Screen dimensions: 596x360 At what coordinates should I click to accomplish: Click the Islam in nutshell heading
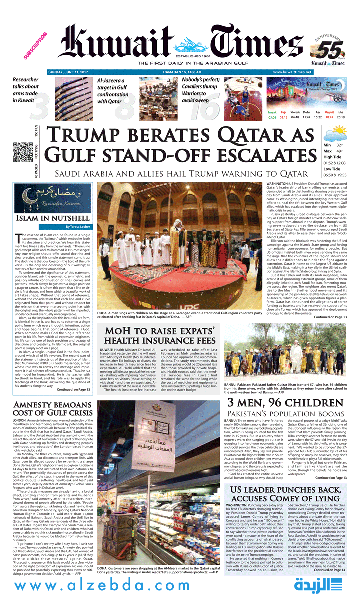tap(52, 218)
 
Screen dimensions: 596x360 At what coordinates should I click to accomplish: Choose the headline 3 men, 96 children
tap(285, 403)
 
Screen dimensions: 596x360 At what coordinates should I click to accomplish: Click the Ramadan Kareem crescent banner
tap(52, 198)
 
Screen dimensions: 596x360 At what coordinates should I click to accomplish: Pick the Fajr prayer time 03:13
tap(283, 117)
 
